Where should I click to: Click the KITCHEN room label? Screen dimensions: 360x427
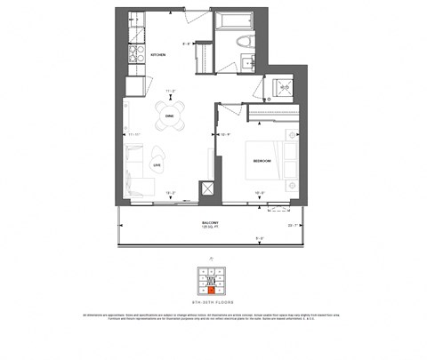click(x=159, y=55)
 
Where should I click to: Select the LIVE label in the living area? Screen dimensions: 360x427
click(x=158, y=164)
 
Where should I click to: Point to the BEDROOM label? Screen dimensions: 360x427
click(x=262, y=161)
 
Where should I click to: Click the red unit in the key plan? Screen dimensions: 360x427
click(x=212, y=289)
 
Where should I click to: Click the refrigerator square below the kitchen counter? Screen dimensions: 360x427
click(x=136, y=86)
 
